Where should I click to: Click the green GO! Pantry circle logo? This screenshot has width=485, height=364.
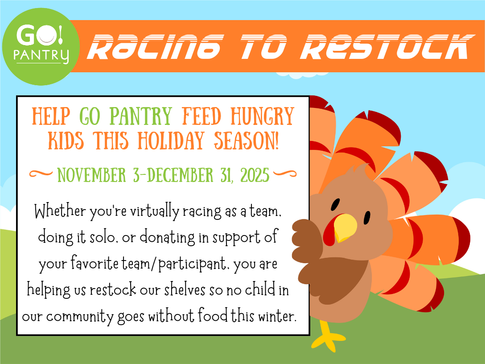[x=41, y=47]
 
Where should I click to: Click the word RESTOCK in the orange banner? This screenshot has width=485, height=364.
[x=387, y=46]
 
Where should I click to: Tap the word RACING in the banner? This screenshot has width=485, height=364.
[x=155, y=46]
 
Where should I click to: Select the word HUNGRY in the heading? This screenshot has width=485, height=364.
[x=262, y=116]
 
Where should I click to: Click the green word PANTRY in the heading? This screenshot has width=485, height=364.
[x=141, y=116]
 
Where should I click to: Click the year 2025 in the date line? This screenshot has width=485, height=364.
[x=255, y=175]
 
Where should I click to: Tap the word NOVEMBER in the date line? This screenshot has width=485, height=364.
[x=91, y=175]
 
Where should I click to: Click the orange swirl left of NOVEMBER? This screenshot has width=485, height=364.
[x=41, y=174]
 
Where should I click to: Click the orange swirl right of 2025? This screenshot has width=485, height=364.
[x=285, y=174]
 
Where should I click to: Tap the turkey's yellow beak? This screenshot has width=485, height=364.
[x=345, y=227]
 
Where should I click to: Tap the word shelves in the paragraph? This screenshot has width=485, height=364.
[x=185, y=290]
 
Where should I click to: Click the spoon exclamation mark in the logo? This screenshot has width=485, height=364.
[x=60, y=35]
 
